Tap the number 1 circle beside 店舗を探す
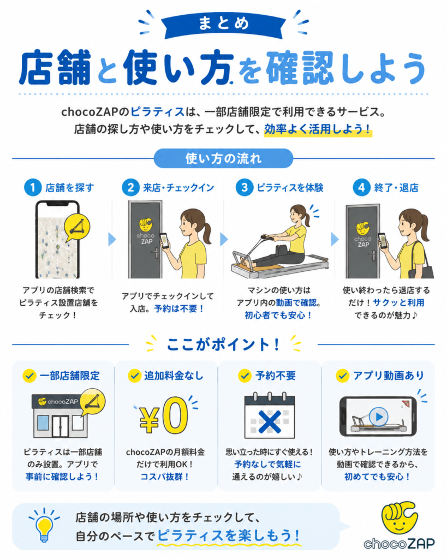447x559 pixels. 33,188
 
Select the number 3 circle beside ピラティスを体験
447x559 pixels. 245,188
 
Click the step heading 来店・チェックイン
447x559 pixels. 178,188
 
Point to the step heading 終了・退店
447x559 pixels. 396,188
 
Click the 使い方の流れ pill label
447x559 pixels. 224,158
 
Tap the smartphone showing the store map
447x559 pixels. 57,240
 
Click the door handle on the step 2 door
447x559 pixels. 156,253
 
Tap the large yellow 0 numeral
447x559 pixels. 175,415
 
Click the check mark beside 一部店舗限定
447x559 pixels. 29,376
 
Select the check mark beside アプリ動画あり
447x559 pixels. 343,376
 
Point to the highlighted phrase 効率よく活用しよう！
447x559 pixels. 318,129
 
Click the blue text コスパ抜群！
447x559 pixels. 165,477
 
